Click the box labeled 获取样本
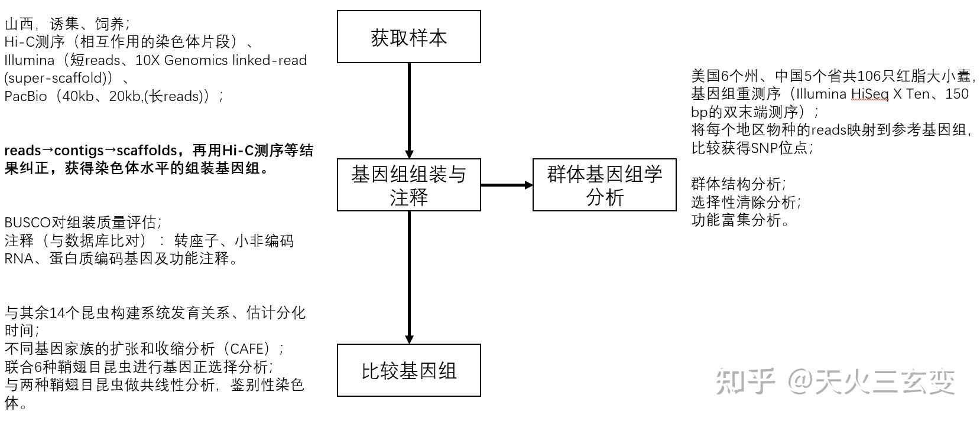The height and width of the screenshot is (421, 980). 408,37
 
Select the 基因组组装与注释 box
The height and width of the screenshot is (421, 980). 408,185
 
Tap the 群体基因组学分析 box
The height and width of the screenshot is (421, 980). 604,185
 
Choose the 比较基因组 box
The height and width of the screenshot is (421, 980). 408,370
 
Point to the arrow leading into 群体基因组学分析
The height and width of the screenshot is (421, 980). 507,185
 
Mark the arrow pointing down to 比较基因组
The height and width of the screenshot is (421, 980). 408,278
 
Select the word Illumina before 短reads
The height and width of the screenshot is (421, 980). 29,60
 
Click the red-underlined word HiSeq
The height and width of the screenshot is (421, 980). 869,94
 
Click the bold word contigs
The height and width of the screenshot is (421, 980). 77,151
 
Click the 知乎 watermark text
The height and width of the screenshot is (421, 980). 745,381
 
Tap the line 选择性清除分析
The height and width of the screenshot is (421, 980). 746,203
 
